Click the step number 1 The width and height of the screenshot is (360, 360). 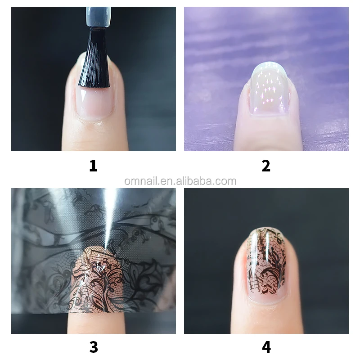coord(93,166)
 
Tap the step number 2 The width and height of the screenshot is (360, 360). coord(266,166)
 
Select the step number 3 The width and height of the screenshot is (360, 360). coord(93,347)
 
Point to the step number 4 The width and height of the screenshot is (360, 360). coord(266,347)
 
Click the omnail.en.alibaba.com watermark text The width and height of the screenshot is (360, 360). coord(180,181)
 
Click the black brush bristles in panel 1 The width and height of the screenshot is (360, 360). coord(94,58)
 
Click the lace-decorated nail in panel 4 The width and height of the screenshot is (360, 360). coord(266,265)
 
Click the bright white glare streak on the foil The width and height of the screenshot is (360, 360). coord(109,216)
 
